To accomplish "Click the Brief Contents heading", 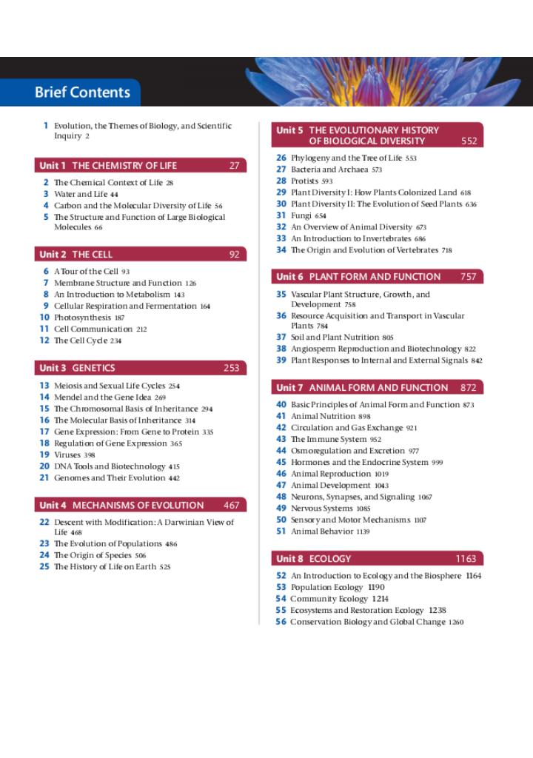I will (x=82, y=93).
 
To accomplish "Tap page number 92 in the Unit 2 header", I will (x=234, y=255).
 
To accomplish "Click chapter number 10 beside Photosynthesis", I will (x=44, y=318).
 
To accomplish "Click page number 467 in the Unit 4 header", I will (x=232, y=506).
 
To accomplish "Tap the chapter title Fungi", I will (x=301, y=215).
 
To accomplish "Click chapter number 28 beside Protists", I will (x=281, y=181).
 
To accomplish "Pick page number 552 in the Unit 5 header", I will (x=469, y=141).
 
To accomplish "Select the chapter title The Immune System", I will (x=329, y=439).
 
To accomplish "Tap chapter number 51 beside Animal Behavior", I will (x=281, y=531).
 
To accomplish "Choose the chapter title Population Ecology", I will (x=326, y=587).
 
